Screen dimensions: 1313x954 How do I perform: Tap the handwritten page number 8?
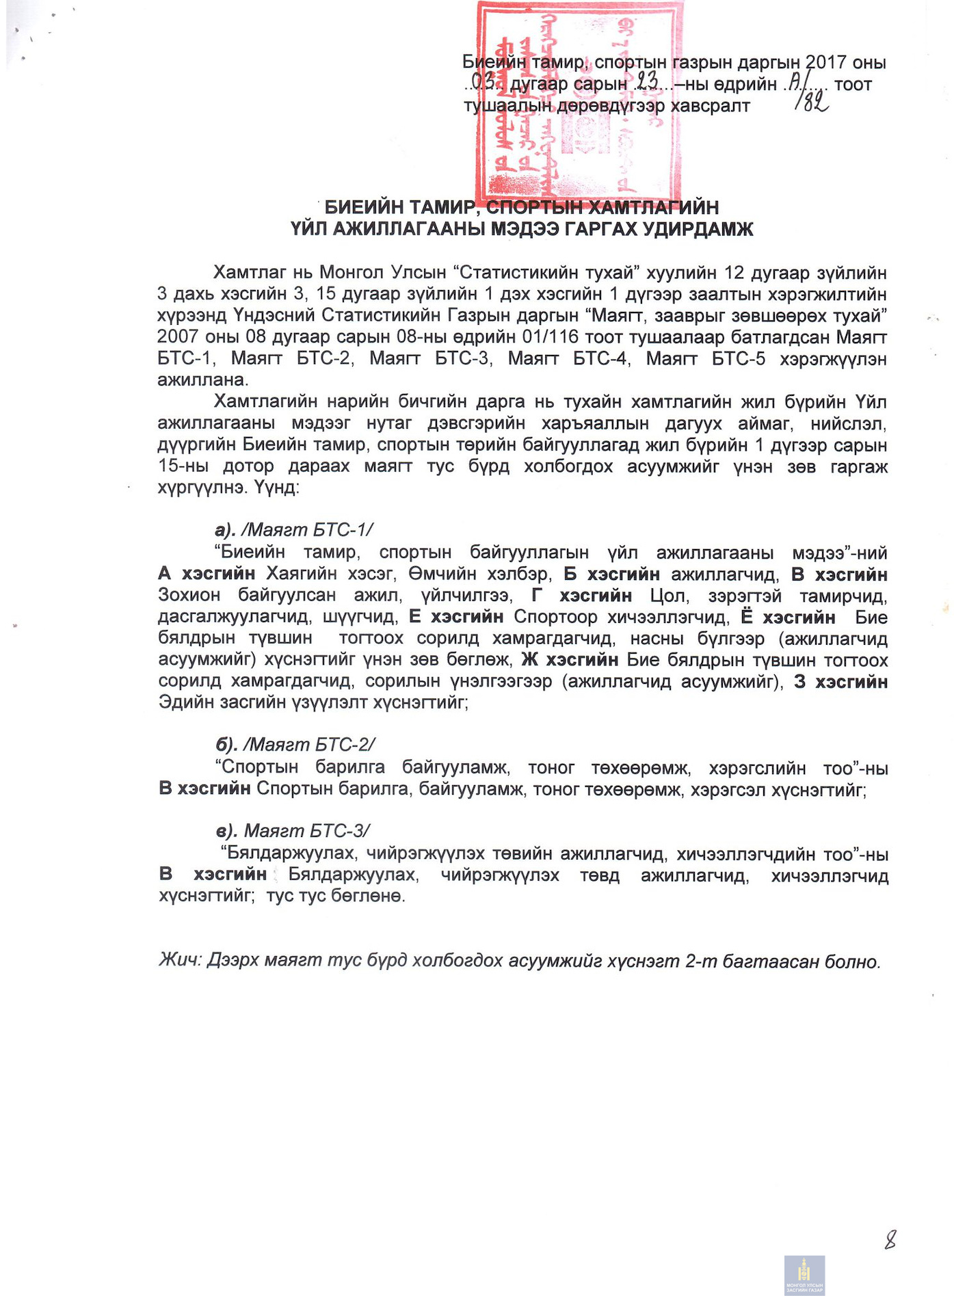click(x=890, y=1238)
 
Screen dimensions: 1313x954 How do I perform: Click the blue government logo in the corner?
click(x=804, y=1275)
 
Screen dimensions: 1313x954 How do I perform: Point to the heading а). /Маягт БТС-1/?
click(x=294, y=530)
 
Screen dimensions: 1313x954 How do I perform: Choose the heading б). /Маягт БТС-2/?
click(x=295, y=745)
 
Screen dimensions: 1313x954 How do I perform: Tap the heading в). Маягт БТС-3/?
click(x=293, y=831)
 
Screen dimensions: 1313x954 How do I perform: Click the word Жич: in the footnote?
click(x=181, y=960)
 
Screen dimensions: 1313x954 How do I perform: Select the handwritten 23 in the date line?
click(x=647, y=83)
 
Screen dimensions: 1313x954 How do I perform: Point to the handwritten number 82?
click(x=812, y=103)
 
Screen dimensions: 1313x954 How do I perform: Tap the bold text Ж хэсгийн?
click(x=570, y=660)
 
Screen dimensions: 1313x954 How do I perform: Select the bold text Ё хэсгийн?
click(x=788, y=617)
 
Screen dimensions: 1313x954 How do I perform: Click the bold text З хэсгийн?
click(x=840, y=682)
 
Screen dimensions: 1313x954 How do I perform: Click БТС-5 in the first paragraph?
click(x=739, y=358)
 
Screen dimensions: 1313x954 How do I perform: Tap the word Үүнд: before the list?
click(x=277, y=488)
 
